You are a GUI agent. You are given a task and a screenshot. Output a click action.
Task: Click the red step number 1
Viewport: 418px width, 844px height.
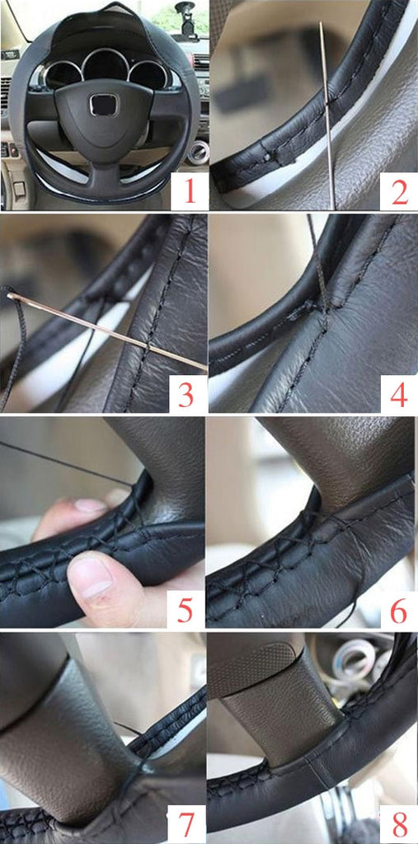pos(189,192)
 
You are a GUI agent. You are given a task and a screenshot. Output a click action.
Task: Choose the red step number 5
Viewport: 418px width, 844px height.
pos(185,610)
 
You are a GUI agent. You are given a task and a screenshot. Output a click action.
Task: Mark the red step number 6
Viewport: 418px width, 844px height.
pos(398,610)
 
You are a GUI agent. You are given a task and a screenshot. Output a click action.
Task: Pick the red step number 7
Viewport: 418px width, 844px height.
pos(186,823)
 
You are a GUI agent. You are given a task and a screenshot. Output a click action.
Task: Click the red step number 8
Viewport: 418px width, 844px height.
pos(399,823)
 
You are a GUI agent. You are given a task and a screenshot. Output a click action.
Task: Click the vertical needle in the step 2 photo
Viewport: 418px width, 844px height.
pos(327,115)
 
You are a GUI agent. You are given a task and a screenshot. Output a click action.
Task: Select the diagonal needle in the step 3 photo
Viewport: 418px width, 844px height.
pos(108,331)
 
